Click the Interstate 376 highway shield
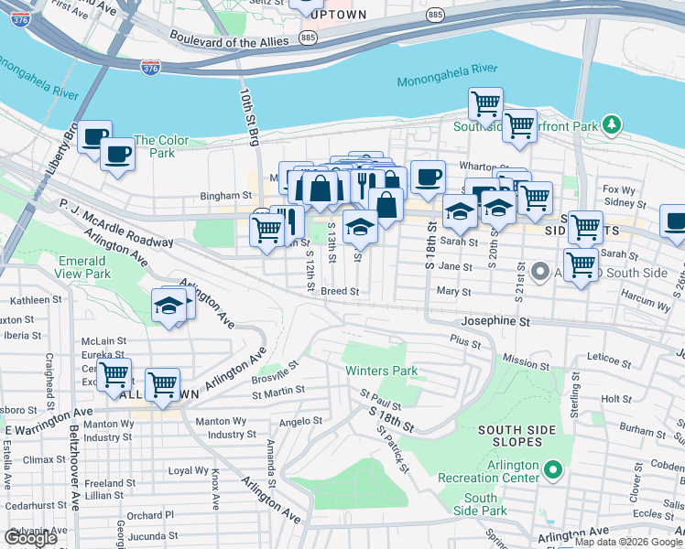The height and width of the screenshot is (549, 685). tap(152, 68)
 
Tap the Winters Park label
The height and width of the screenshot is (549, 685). tap(381, 371)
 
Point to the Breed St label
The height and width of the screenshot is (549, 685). tap(339, 292)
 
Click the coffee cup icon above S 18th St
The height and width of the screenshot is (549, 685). tap(427, 177)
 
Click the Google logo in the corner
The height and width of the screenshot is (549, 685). tap(31, 537)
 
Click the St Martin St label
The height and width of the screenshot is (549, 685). tap(277, 393)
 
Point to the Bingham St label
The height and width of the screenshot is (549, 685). tap(226, 196)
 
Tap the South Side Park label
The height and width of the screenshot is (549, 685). tap(480, 504)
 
